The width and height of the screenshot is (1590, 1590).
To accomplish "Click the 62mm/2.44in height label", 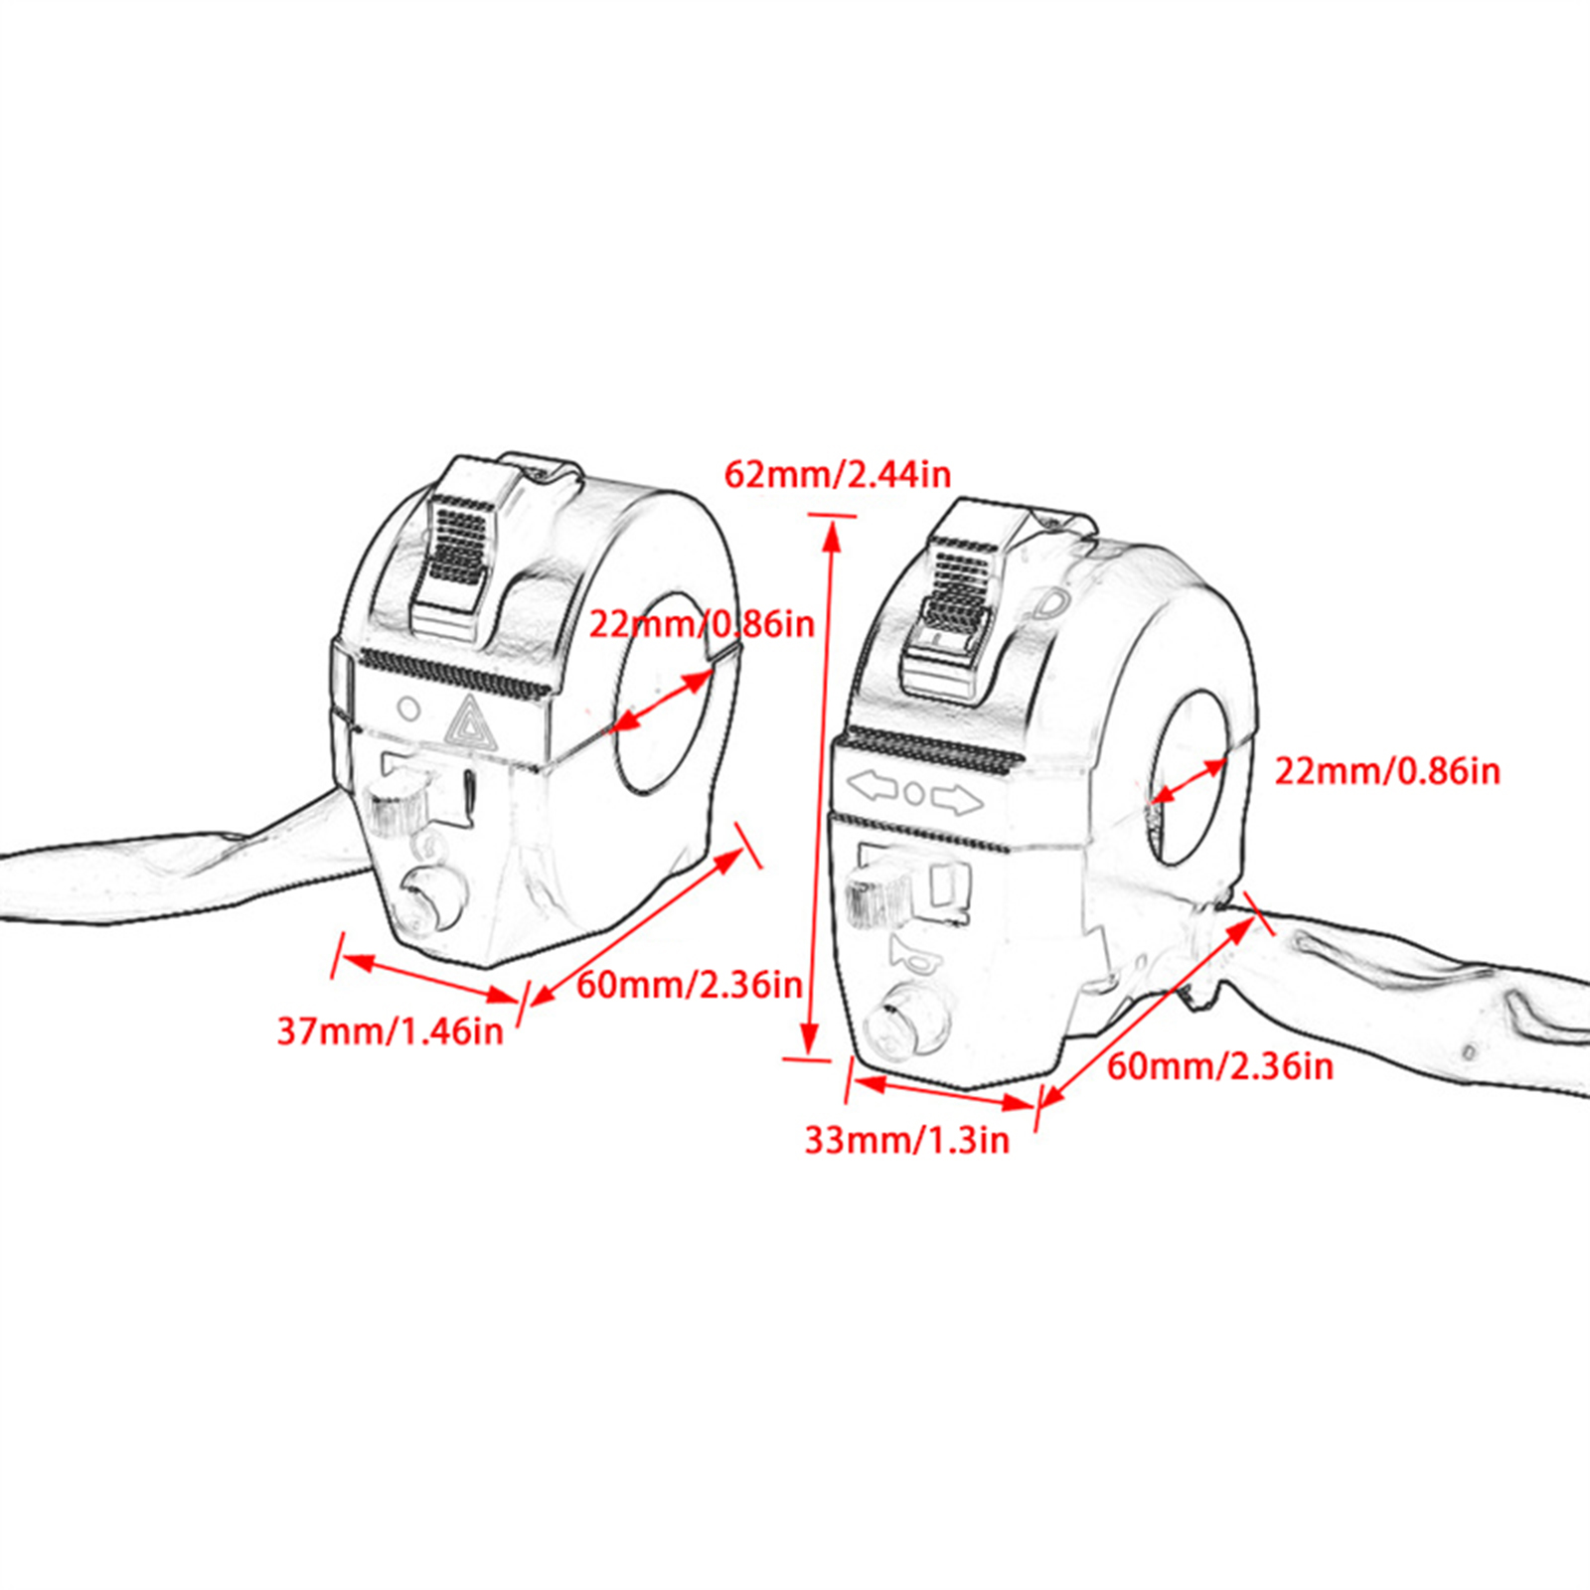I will tap(837, 474).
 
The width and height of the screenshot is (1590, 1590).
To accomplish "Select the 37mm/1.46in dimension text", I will tap(390, 1031).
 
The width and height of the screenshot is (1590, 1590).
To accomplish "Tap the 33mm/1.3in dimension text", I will tap(906, 1139).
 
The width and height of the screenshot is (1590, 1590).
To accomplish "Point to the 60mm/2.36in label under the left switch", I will tap(689, 984).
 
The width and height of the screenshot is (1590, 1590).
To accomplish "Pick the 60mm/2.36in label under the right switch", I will tap(1219, 1066).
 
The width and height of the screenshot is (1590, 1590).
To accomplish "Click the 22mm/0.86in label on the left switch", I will tap(702, 624).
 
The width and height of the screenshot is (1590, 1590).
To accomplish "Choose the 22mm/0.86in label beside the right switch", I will tap(1387, 771).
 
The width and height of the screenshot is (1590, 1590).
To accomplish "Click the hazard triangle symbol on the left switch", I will tap(471, 722).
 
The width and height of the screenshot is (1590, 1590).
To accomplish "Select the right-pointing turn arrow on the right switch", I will tap(957, 798).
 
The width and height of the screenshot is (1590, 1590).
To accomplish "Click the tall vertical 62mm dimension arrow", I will tap(822, 785).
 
